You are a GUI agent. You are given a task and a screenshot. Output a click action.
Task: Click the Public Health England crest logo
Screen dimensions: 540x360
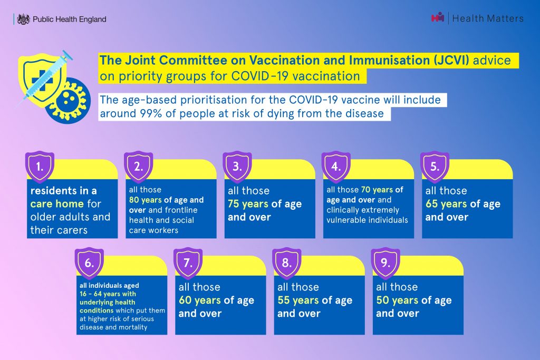click(23, 19)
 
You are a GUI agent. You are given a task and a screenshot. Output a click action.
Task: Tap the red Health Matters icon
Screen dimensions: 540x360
click(437, 17)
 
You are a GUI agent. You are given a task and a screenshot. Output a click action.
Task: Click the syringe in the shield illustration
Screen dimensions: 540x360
click(45, 78)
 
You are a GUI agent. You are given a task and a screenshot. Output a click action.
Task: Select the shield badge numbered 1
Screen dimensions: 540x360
click(40, 167)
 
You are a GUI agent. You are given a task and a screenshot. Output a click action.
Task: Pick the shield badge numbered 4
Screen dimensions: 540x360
click(336, 167)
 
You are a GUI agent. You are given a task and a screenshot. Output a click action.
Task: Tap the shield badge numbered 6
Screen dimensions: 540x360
click(89, 264)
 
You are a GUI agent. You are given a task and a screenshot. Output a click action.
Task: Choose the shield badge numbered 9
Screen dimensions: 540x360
click(385, 264)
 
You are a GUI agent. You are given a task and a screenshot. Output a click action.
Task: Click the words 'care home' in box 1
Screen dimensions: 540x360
click(57, 204)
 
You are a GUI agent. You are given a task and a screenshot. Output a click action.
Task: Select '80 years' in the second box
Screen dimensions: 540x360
click(146, 200)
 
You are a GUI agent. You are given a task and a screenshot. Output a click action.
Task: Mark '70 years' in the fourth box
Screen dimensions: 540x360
click(377, 190)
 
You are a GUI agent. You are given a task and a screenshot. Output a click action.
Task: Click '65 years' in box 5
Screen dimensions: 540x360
click(446, 204)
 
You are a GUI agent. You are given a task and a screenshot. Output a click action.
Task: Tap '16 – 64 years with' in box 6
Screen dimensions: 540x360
click(108, 294)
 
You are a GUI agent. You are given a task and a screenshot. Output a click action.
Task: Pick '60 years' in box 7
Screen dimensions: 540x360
click(199, 300)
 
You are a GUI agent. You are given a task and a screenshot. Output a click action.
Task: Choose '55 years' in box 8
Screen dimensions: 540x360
click(298, 300)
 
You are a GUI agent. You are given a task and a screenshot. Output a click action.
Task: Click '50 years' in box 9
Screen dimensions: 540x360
click(397, 300)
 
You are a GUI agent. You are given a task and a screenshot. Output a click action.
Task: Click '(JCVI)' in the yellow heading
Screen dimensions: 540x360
click(451, 60)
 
